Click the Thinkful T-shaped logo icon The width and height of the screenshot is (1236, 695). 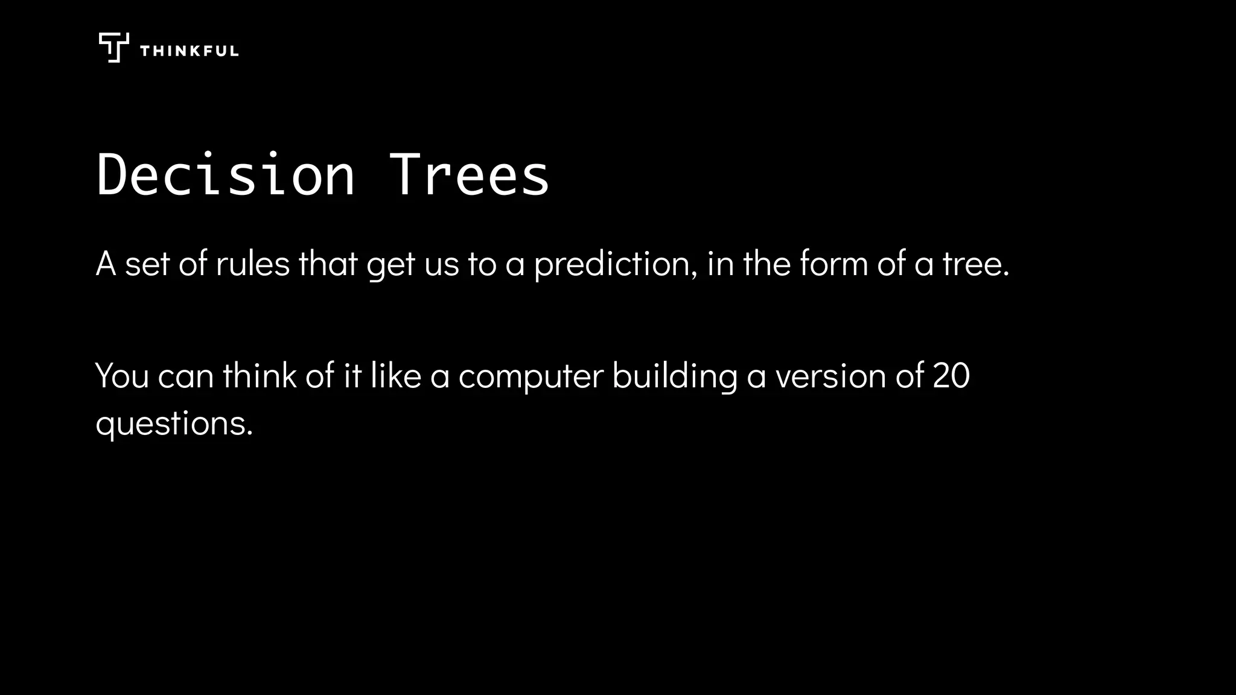click(113, 48)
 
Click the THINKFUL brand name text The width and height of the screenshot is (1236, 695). click(189, 51)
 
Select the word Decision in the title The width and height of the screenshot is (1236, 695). click(226, 175)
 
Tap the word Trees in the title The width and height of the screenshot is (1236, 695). click(469, 175)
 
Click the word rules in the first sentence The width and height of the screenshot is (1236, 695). click(253, 264)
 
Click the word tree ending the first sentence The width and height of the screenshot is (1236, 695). click(972, 264)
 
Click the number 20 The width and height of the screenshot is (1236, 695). click(951, 376)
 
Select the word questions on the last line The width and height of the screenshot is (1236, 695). click(173, 424)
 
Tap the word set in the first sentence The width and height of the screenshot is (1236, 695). click(147, 264)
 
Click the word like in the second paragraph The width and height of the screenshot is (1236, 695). click(395, 376)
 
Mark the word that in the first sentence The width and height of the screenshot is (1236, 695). click(328, 264)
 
